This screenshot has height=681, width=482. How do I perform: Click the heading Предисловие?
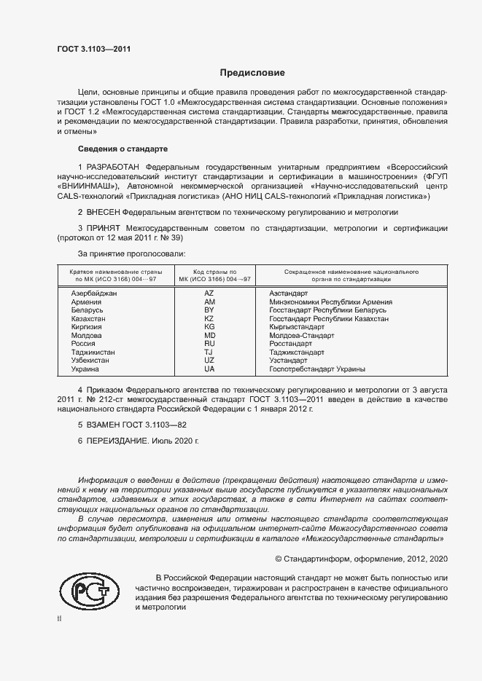pyautogui.click(x=252, y=73)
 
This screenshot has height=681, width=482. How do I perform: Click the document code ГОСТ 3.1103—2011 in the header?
pyautogui.click(x=94, y=50)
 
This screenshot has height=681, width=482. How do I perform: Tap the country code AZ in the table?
pyautogui.click(x=209, y=292)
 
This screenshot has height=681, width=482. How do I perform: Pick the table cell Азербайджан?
pyautogui.click(x=94, y=292)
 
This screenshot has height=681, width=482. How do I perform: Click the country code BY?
pyautogui.click(x=209, y=310)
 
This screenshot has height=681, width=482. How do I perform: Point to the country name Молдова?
pyautogui.click(x=87, y=336)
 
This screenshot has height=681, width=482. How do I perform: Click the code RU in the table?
pyautogui.click(x=209, y=344)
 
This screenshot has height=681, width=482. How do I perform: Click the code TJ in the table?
pyautogui.click(x=209, y=353)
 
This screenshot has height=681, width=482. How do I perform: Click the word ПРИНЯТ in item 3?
pyautogui.click(x=104, y=228)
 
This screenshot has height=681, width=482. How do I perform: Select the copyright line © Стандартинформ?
pyautogui.click(x=360, y=558)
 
